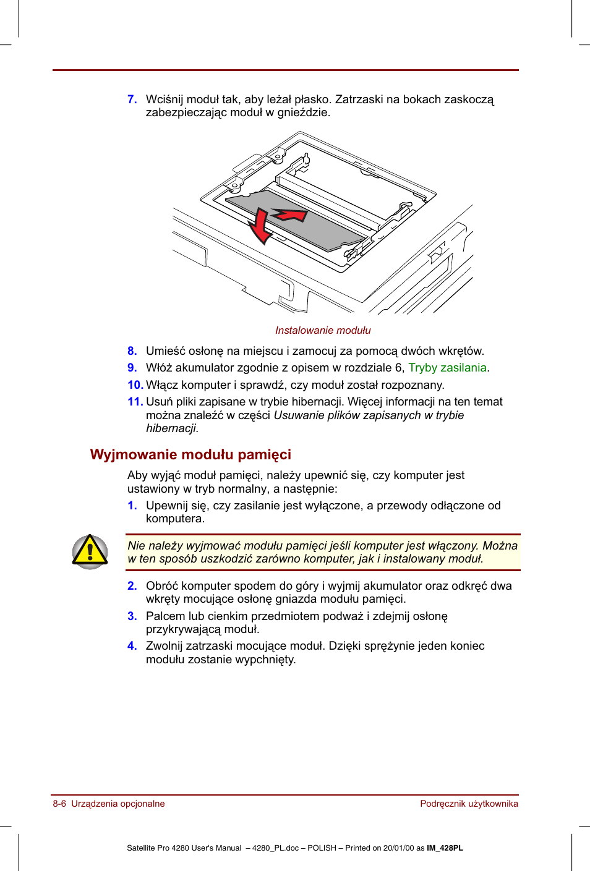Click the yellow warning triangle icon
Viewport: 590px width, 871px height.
(90, 551)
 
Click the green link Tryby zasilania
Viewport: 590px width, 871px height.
(447, 368)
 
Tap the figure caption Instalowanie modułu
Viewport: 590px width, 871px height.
(323, 330)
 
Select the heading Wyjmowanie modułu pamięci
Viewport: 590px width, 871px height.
(190, 454)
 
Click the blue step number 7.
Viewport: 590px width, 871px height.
(132, 100)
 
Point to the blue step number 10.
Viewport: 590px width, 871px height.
(135, 385)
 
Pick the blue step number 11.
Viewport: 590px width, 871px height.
(135, 402)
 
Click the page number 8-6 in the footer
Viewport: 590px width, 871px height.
(59, 804)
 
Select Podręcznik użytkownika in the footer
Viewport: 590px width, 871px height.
(469, 804)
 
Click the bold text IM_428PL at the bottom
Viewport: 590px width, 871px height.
(445, 848)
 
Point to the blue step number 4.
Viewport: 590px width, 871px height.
(132, 646)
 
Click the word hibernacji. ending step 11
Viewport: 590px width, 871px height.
(172, 428)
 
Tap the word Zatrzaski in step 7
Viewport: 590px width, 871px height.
(359, 100)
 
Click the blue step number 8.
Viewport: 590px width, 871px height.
(132, 351)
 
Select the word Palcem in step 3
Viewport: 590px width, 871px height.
(165, 616)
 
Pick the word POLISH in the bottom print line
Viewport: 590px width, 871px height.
(322, 848)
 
